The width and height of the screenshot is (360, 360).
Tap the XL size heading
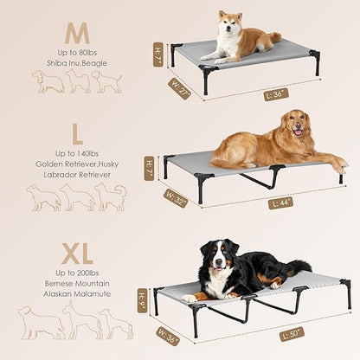77,256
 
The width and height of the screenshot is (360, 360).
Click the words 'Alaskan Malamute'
78,295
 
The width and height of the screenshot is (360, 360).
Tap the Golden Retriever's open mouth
299,133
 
